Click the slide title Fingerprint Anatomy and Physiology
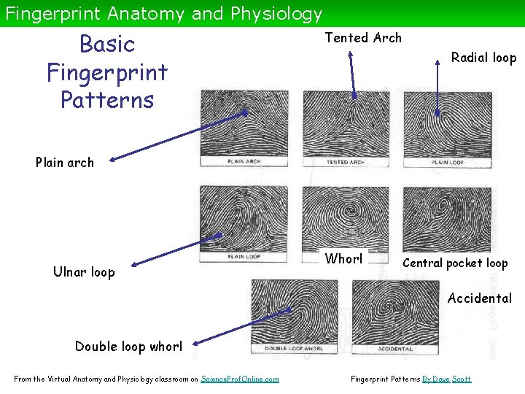click(163, 13)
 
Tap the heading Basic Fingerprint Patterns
click(107, 72)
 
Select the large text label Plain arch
click(65, 163)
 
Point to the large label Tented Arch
click(363, 38)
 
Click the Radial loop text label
click(483, 58)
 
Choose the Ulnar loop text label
click(84, 272)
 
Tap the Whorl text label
click(343, 259)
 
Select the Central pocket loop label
click(455, 263)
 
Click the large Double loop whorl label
click(129, 347)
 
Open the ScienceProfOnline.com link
click(239, 379)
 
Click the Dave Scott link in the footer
click(455, 379)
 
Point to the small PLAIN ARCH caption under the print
click(244, 161)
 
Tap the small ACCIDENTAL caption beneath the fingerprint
click(396, 349)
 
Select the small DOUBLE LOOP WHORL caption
click(295, 349)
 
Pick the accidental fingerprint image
click(396, 311)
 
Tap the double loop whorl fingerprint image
click(295, 311)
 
